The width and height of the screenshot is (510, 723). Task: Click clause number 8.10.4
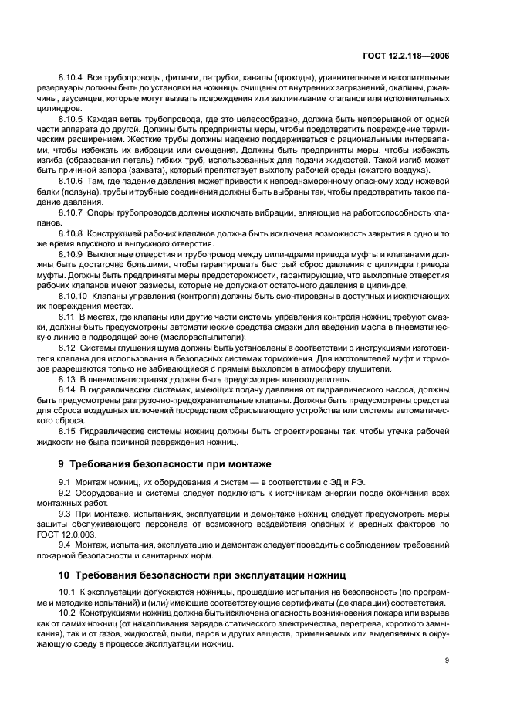click(72, 78)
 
